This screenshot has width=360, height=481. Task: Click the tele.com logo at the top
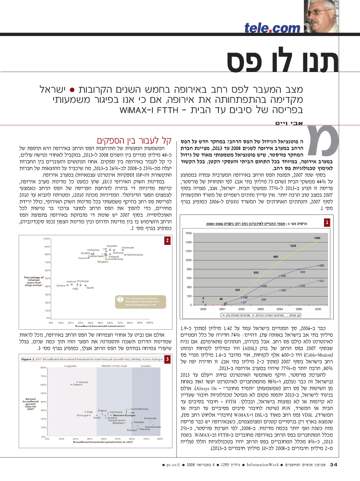click(x=272, y=28)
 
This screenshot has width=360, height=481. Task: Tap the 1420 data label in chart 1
click(x=317, y=238)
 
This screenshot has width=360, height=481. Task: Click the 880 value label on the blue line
click(x=322, y=265)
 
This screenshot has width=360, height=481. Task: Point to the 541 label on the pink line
click(x=322, y=281)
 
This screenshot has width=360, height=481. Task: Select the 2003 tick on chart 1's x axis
click(x=260, y=309)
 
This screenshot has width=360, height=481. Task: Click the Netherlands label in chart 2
click(x=135, y=255)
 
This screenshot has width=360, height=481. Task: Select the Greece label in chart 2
click(x=61, y=286)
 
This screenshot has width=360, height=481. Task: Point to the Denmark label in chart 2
click(x=128, y=248)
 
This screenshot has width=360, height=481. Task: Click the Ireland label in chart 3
click(x=83, y=382)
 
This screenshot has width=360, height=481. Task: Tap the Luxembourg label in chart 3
click(x=139, y=409)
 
